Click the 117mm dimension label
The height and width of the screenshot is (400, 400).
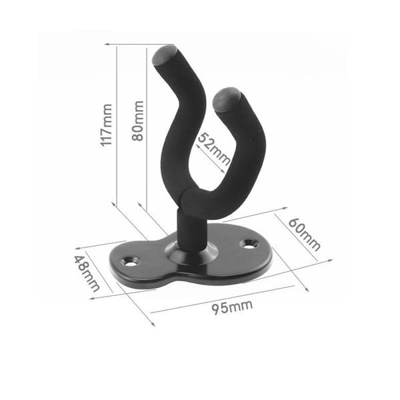[106, 125]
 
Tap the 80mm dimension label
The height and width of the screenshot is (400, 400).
[138, 121]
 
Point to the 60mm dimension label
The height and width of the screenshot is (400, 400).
[304, 235]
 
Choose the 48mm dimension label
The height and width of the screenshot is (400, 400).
[87, 273]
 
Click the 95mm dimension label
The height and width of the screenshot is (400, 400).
[232, 307]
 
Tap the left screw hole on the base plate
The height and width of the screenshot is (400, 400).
[131, 261]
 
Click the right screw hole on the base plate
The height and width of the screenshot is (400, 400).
[249, 244]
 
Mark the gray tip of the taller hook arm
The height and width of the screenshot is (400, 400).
[163, 55]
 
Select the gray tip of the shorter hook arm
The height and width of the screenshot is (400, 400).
[226, 99]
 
